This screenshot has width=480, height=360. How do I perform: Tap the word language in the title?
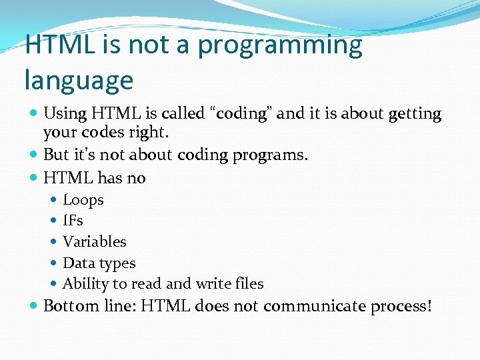79,81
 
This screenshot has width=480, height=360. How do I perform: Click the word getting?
409,114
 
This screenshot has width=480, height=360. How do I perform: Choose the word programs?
268,155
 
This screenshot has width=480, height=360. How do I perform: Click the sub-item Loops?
83,200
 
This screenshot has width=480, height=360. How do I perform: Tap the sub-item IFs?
73,221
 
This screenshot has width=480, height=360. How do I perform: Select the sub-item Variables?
94,241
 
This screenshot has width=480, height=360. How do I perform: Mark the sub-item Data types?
99,263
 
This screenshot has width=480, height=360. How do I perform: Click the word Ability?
85,284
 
